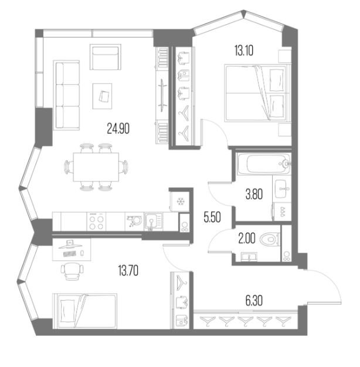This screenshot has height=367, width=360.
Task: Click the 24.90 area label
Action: coord(118,129)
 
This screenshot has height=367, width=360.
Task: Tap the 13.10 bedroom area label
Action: coord(244,50)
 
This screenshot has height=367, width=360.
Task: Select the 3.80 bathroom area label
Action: coord(254,194)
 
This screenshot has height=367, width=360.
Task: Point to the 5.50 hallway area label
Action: coord(212,217)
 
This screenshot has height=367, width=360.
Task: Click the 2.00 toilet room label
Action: coord(247,239)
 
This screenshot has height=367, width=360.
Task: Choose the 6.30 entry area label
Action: coord(254,301)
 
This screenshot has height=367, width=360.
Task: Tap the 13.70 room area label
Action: coord(128,270)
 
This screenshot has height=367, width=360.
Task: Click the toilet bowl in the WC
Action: coord(270,239)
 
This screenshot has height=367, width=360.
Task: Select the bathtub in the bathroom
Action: coord(264,164)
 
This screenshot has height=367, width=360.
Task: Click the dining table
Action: coord(96,167)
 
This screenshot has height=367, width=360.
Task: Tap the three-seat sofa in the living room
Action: coord(67,95)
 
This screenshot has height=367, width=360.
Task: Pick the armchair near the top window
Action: coord(106,57)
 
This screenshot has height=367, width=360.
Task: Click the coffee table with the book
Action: coord(102,96)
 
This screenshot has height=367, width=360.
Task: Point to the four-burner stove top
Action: coord(96,222)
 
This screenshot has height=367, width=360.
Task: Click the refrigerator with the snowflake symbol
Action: coord(180,201)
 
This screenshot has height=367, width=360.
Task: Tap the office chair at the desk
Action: coord(72,271)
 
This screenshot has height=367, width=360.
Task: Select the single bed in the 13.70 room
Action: coord(85,311)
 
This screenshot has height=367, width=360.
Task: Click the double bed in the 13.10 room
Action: coord(256,93)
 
